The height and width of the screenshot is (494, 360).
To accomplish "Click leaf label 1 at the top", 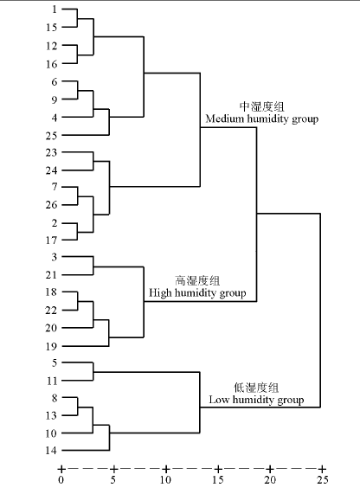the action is point(55,10).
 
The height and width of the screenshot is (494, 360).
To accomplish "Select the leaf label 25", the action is point(51,136).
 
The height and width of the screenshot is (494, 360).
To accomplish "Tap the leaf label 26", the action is point(51,205).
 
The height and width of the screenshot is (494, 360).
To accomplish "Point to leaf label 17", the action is point(51,241).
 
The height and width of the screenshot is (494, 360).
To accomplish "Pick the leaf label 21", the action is point(51,275).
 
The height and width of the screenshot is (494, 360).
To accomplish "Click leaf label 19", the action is point(51,347).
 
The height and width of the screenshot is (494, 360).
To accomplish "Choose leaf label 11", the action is point(52,381).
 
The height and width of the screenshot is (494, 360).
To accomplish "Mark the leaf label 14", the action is point(51,451).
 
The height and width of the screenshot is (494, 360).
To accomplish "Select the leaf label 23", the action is point(51,152).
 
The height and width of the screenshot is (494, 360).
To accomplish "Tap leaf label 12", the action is point(51,46).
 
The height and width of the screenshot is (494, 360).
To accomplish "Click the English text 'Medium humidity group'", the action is point(262,119).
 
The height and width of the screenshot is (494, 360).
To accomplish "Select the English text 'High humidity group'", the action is point(197,293).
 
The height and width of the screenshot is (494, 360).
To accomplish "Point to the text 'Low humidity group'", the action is point(256,400).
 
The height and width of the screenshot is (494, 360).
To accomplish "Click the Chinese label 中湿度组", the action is point(261,106).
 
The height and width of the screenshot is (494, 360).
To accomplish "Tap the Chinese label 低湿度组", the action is point(256,388).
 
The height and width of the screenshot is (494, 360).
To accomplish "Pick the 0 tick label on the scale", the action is point(61,480).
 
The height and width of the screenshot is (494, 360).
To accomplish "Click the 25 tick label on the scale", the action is point(323,480).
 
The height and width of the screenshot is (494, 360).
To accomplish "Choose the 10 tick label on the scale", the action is point(165,480).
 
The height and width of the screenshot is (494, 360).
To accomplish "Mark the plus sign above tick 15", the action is point(218,469).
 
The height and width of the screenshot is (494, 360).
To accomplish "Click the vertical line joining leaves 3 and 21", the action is point(93,266).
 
